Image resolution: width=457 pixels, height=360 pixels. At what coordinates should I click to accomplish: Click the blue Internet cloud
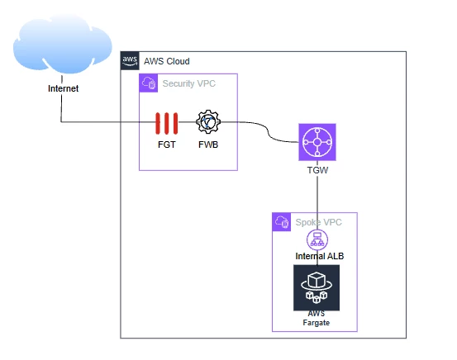click(62, 43)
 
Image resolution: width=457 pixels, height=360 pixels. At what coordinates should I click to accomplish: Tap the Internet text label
click(64, 88)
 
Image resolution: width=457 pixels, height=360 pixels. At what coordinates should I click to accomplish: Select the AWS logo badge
click(130, 60)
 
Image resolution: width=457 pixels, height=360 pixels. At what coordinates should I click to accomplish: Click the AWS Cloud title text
click(167, 61)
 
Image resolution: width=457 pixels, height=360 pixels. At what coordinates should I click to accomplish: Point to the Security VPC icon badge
click(149, 83)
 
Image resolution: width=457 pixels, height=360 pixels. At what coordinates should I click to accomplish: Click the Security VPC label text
click(189, 83)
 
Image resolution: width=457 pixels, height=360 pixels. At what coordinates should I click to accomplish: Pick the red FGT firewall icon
click(167, 124)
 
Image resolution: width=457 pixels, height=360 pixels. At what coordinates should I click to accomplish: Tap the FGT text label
click(167, 144)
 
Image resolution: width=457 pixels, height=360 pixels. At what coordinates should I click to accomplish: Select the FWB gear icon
click(208, 121)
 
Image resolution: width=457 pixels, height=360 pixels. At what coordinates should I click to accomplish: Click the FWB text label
click(208, 144)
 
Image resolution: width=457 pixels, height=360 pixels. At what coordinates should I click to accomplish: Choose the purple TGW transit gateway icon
click(317, 142)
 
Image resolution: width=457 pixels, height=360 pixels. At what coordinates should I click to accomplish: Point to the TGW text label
click(317, 170)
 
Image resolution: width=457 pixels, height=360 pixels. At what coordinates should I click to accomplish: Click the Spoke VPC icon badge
click(282, 222)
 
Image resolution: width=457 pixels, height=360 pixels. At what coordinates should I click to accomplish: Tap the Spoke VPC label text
click(318, 222)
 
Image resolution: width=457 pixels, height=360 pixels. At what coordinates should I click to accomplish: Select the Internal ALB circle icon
click(317, 239)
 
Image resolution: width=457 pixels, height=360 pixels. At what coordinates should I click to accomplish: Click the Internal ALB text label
click(320, 256)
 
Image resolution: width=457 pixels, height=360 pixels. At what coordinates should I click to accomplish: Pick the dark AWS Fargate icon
click(317, 288)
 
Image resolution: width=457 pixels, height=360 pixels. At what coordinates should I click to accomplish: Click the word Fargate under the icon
click(317, 323)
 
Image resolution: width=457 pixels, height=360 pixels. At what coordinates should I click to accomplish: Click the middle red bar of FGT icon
click(167, 124)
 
